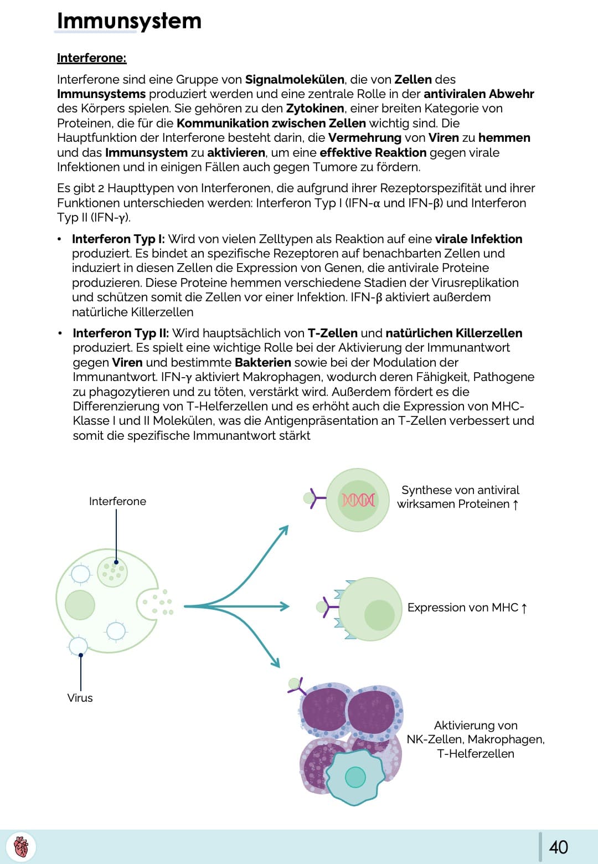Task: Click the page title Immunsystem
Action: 129,21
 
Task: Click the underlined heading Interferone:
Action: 91,58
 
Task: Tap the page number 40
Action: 558,847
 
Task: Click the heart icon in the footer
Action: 21,847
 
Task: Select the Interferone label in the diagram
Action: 117,501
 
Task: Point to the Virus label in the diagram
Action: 80,698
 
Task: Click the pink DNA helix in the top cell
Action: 358,500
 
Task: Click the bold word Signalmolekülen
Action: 295,79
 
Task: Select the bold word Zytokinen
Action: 315,109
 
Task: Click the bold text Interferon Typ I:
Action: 118,239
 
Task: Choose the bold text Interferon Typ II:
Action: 121,333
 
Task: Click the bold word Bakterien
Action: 263,363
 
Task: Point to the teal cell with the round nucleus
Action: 355,777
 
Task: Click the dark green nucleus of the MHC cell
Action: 379,615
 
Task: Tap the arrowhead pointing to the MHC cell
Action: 285,606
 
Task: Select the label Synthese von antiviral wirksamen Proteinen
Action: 460,497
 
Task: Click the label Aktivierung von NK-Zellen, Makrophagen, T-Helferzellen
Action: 476,739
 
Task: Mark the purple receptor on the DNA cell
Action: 317,498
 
